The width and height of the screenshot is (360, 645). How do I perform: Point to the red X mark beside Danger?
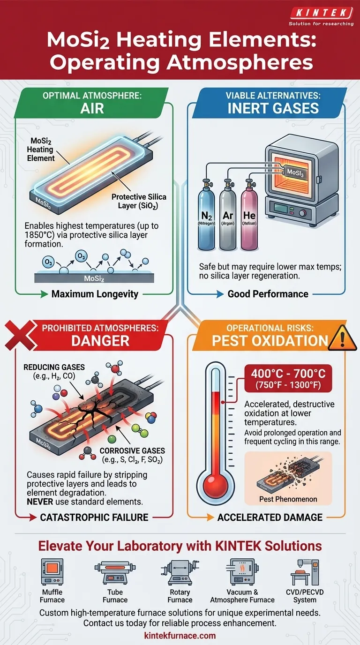(x=17, y=334)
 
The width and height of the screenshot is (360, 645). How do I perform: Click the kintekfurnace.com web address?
(x=180, y=636)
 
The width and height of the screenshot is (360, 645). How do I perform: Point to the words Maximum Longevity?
(x=95, y=294)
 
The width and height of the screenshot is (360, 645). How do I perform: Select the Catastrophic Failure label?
(x=94, y=517)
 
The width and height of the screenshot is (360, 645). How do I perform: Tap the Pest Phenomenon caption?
(x=288, y=499)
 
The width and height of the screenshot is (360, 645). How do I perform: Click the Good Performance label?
(x=268, y=294)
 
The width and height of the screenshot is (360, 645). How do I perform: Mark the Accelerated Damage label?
(x=270, y=517)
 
